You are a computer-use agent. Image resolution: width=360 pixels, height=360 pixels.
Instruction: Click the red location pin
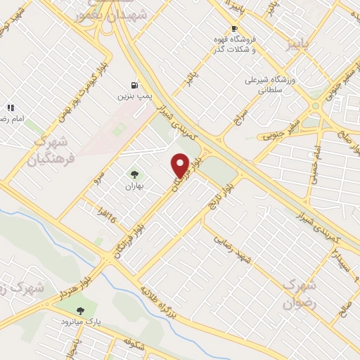coord(181,165)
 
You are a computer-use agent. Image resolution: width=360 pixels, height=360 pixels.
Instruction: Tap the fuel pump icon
coord(134,82)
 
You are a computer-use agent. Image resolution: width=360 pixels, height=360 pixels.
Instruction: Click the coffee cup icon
coord(224,29)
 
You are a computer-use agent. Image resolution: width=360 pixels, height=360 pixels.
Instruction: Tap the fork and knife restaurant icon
coord(11,108)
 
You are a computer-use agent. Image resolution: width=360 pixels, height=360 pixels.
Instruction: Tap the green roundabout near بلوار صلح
coord(315,106)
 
